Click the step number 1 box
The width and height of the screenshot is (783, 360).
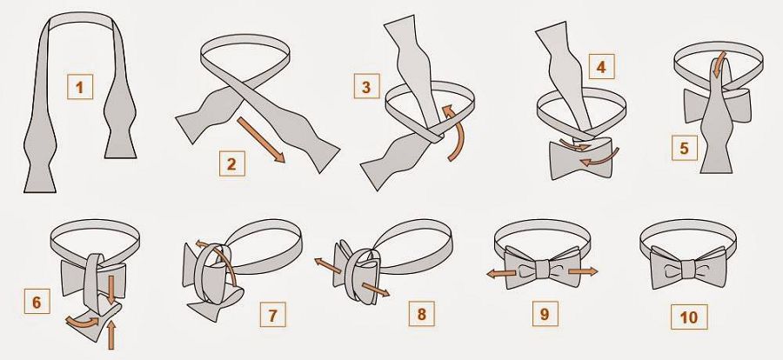80,87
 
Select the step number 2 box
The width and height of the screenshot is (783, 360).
232,163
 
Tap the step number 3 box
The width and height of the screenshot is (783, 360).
367,86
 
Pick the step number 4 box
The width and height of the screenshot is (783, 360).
602,66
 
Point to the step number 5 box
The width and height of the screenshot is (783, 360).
685,148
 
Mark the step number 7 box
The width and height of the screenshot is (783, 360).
272,315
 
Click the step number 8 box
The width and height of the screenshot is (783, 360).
422,314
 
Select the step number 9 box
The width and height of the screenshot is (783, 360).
545,314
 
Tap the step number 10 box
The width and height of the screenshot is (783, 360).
689,317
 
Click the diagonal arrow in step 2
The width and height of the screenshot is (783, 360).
261,140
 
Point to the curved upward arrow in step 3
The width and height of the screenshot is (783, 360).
454,132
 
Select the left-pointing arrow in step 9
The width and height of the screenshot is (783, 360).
501,273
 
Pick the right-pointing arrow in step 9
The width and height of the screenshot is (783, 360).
583,271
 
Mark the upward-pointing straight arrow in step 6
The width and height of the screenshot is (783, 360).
110,335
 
